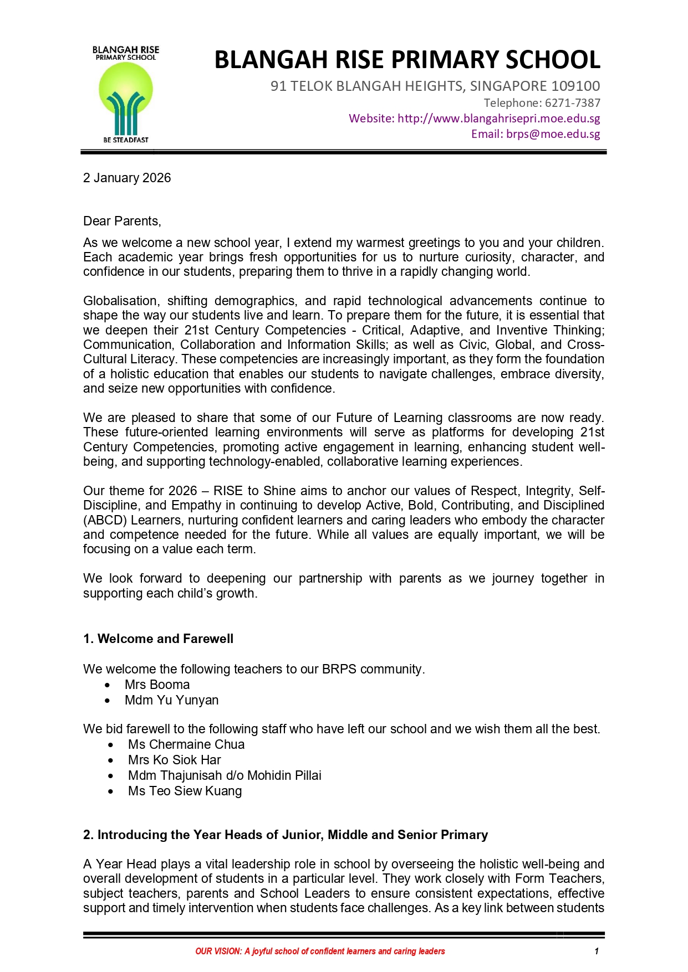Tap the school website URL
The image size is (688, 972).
pyautogui.click(x=498, y=119)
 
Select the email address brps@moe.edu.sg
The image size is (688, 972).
pyautogui.click(x=553, y=134)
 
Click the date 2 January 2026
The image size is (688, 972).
pyautogui.click(x=127, y=178)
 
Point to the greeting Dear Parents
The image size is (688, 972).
pyautogui.click(x=122, y=221)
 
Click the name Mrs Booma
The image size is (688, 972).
pyautogui.click(x=157, y=685)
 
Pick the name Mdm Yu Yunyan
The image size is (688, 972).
pyautogui.click(x=171, y=700)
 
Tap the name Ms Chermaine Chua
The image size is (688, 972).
pyautogui.click(x=186, y=744)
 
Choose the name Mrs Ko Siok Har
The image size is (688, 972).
pyautogui.click(x=174, y=760)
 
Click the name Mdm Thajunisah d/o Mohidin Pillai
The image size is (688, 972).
pyautogui.click(x=225, y=775)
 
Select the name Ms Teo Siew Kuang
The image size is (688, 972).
pyautogui.click(x=185, y=791)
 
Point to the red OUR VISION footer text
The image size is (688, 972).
pyautogui.click(x=320, y=952)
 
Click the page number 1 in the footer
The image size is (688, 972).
pyautogui.click(x=597, y=952)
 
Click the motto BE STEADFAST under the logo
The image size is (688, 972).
pyautogui.click(x=126, y=140)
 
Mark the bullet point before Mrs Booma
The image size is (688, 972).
pyautogui.click(x=108, y=685)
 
